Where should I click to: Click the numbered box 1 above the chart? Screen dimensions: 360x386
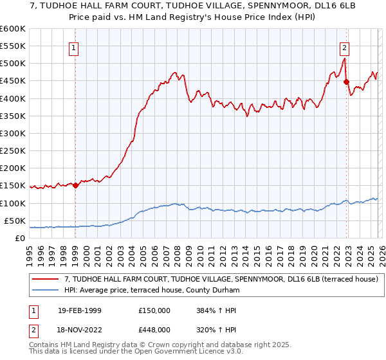pos(74,47)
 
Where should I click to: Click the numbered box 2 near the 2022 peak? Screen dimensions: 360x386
pos(345,47)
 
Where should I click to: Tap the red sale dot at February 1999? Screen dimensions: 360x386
pos(76,186)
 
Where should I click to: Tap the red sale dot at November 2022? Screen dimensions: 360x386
pos(346,82)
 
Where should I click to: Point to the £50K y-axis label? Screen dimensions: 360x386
pos(15,221)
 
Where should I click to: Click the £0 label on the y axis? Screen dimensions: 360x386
pos(20,238)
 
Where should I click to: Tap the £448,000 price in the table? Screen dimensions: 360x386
pos(154,332)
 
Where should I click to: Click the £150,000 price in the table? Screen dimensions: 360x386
pos(154,310)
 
